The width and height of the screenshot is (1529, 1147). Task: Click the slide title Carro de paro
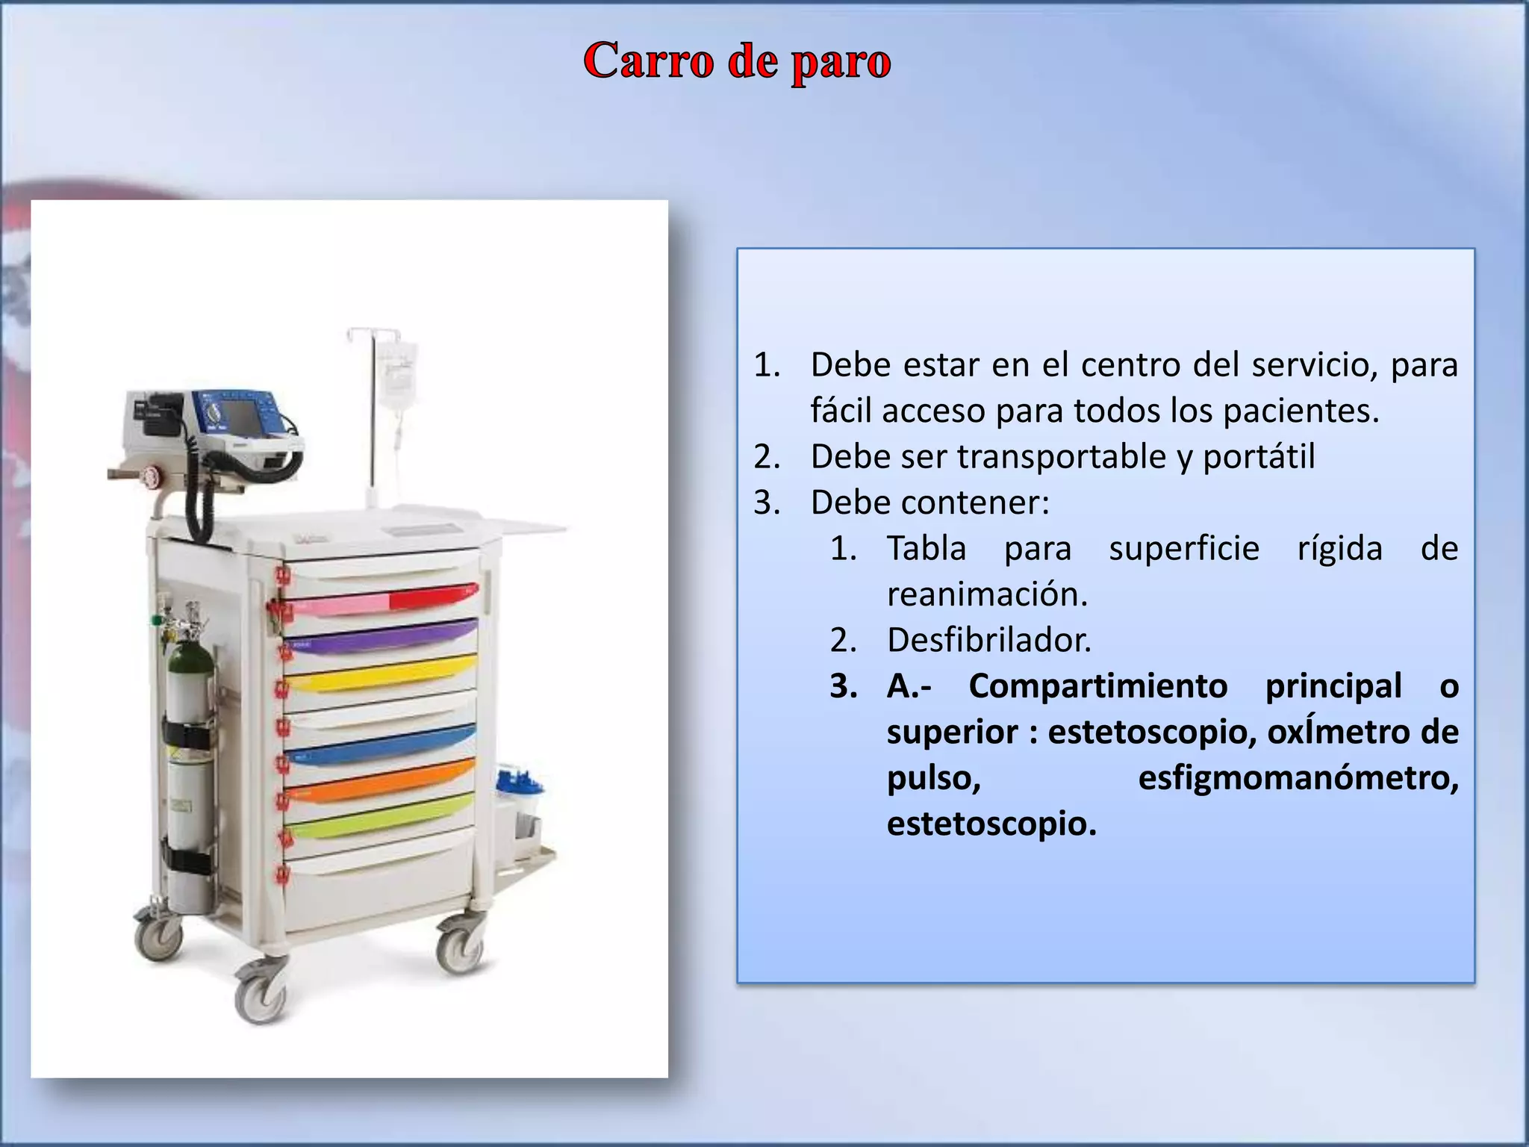tap(737, 61)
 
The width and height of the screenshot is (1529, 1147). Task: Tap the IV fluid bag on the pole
tap(397, 377)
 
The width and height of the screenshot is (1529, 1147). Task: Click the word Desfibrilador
tap(988, 640)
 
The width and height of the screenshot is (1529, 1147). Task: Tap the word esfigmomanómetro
tap(1298, 778)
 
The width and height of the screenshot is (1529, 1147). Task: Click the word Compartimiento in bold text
tap(1097, 686)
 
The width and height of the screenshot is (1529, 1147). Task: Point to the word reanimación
tap(987, 594)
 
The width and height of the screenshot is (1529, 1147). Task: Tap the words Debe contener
tap(929, 503)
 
